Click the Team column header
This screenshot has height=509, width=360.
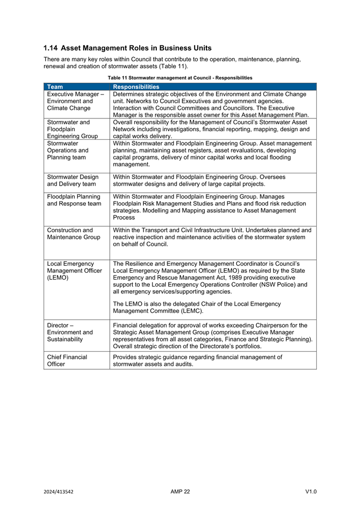coord(55,86)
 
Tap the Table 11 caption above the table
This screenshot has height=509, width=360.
coord(180,78)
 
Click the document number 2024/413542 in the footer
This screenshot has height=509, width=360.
coord(59,491)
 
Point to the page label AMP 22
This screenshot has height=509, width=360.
coord(180,491)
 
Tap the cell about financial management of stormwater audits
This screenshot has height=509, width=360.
coord(198,361)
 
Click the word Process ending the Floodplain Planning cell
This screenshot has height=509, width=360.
coord(124,218)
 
